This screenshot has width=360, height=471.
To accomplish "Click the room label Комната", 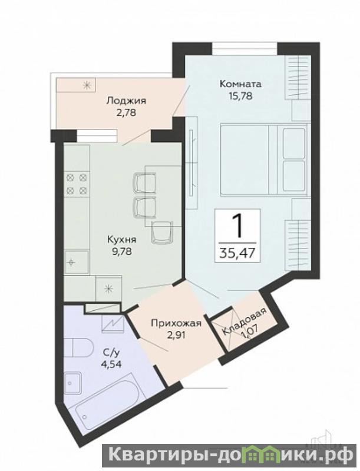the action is pyautogui.click(x=240, y=84).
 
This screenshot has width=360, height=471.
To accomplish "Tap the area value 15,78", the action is pyautogui.click(x=240, y=96).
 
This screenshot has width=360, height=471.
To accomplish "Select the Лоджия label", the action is pyautogui.click(x=126, y=101).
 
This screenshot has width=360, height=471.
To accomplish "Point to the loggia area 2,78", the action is pyautogui.click(x=127, y=112).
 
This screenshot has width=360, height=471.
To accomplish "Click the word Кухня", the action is pyautogui.click(x=122, y=240).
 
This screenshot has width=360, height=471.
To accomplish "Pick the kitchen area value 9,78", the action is pyautogui.click(x=122, y=251).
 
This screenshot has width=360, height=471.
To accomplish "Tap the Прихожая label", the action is pyautogui.click(x=176, y=324).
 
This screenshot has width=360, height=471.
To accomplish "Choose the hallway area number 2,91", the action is pyautogui.click(x=176, y=335).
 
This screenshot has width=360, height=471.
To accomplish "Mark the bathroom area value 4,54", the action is pyautogui.click(x=111, y=364).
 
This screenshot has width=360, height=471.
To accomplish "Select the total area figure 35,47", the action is pyautogui.click(x=237, y=253).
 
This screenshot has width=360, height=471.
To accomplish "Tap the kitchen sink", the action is pyautogui.click(x=77, y=262).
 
